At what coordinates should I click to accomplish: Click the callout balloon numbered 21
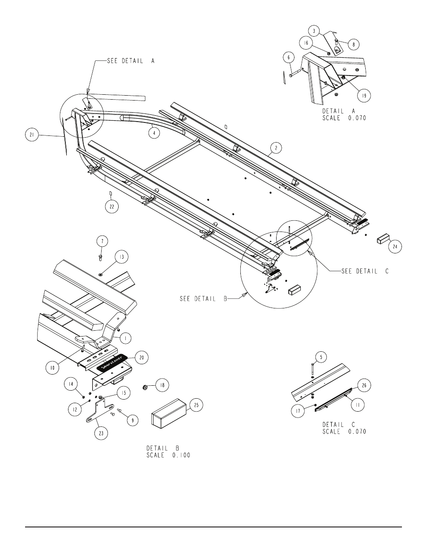click(32, 135)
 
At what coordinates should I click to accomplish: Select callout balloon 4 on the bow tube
click(154, 133)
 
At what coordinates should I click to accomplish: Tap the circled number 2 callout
click(276, 147)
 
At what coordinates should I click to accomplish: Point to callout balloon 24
click(395, 246)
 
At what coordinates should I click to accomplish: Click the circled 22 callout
click(112, 206)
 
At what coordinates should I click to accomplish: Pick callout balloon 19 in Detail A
click(364, 96)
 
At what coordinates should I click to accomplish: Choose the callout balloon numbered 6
click(289, 57)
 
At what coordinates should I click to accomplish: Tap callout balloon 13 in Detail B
click(122, 257)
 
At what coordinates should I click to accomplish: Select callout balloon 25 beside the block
click(196, 405)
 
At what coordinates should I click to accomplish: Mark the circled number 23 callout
click(101, 433)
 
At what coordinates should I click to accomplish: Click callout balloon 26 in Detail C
click(364, 385)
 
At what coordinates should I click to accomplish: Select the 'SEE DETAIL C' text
click(365, 271)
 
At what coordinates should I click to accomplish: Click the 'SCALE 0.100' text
click(168, 455)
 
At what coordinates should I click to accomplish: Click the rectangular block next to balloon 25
click(169, 414)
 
